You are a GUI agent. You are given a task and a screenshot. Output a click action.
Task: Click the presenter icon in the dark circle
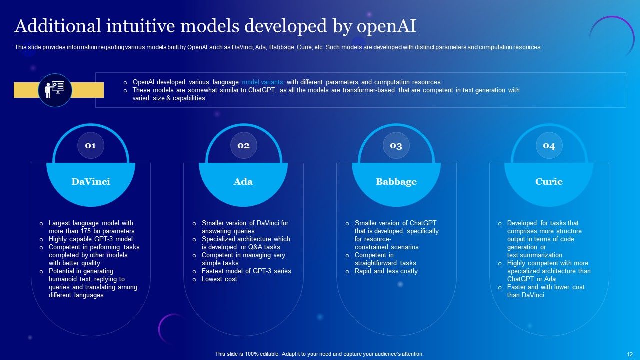point(55,90)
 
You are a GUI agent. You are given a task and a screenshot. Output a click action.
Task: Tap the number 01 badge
point(90,146)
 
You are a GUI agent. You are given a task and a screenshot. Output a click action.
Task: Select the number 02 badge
point(243,146)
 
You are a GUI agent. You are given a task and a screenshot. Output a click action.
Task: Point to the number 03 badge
point(396,146)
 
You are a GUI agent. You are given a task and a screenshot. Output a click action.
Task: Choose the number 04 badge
point(549,146)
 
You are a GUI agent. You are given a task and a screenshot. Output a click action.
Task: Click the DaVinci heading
point(90,182)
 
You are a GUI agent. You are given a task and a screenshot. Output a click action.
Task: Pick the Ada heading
point(243,182)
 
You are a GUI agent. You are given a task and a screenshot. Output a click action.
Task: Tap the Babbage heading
point(396,182)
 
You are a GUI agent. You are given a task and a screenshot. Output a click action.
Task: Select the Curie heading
point(549,182)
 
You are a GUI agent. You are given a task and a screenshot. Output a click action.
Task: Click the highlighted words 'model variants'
point(262,82)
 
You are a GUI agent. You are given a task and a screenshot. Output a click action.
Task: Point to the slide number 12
point(630,354)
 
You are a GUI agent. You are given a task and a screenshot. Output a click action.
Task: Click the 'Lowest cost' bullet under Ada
point(219,279)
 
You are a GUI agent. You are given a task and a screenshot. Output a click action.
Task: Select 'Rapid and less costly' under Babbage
point(386,271)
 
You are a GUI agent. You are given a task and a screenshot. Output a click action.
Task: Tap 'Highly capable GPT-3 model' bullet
point(90,239)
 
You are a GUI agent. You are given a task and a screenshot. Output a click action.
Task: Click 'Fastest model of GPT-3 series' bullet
point(246,271)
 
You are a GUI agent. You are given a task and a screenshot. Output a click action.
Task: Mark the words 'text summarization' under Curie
point(534,255)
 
